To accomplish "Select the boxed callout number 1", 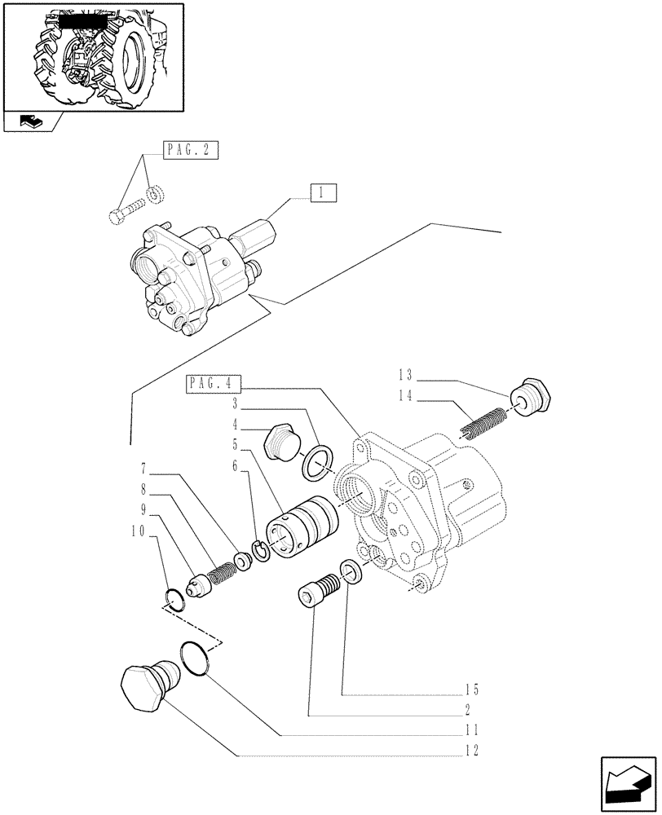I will [323, 193].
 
